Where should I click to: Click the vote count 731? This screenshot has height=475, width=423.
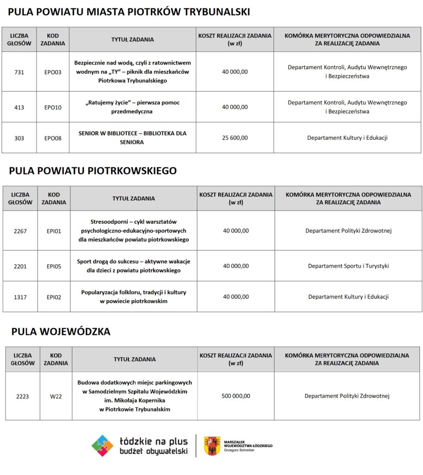coord(19,72)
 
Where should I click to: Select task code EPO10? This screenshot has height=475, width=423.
coord(53,107)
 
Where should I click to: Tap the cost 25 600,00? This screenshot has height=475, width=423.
coord(235,138)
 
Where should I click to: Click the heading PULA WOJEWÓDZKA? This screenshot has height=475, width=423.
coord(61,332)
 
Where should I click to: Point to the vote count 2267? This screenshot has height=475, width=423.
coord(20,231)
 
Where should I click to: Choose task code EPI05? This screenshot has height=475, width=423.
coord(54,266)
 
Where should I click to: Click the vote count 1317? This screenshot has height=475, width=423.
coord(20,297)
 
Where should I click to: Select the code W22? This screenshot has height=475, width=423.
coord(56,396)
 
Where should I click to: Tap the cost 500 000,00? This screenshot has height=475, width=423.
coord(236,396)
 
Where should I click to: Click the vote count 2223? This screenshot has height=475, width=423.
coord(22,396)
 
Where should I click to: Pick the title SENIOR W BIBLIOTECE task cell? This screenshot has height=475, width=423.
coord(132,138)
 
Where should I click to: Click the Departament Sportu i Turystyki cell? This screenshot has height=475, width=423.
coord(348,266)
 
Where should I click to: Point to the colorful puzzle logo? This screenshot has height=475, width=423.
coord(102,446)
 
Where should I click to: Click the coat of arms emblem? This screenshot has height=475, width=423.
coord(212,446)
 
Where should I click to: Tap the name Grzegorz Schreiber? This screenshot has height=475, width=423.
coord(239,450)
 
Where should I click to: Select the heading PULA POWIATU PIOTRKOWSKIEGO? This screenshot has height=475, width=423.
coord(93,171)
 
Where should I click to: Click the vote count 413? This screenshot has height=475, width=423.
coord(19,107)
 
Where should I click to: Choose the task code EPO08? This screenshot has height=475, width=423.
coord(53,138)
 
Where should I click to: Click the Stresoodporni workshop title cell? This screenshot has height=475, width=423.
coord(134,231)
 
